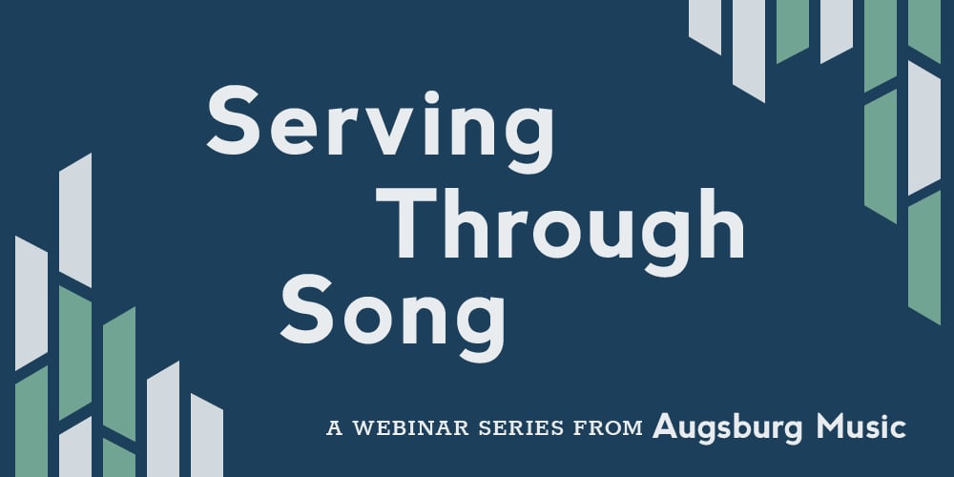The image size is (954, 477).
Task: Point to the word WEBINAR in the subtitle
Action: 406,428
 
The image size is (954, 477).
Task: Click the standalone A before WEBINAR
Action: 334,428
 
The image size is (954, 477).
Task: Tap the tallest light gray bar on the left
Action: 75,219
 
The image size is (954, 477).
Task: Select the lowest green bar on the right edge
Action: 923,258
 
